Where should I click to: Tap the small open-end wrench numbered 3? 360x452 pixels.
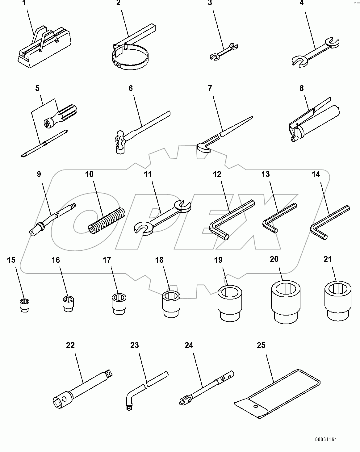click(x=223, y=51)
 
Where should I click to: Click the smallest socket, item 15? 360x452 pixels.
click(x=23, y=305)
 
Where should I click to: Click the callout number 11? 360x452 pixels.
click(x=148, y=174)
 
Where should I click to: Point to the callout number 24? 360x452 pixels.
click(x=189, y=345)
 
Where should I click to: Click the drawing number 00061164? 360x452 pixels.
click(x=326, y=439)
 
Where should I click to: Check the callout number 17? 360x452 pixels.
click(x=107, y=260)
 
